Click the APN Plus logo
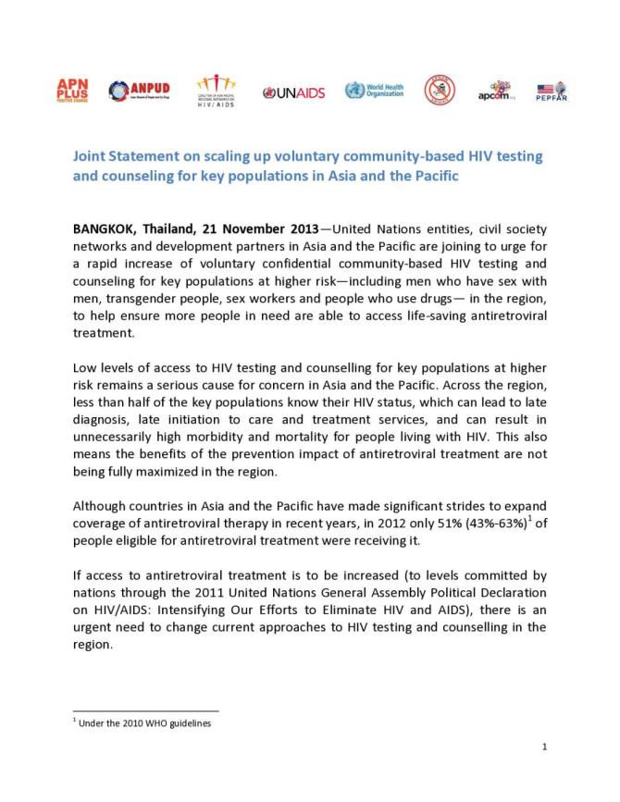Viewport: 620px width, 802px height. pyautogui.click(x=73, y=91)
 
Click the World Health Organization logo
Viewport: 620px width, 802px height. pyautogui.click(x=373, y=91)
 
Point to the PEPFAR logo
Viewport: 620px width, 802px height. pyautogui.click(x=551, y=92)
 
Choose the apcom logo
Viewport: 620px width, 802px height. pyautogui.click(x=496, y=91)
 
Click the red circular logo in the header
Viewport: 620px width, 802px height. pyautogui.click(x=439, y=90)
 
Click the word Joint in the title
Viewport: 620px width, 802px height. pyautogui.click(x=92, y=156)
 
